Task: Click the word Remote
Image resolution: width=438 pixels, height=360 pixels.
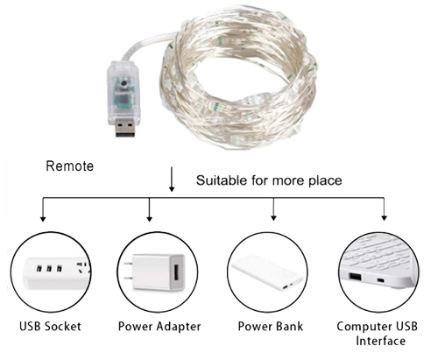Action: pyautogui.click(x=70, y=166)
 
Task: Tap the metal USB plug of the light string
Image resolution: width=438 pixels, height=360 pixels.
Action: pyautogui.click(x=125, y=127)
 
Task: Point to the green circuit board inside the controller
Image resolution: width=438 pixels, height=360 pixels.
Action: pyautogui.click(x=124, y=95)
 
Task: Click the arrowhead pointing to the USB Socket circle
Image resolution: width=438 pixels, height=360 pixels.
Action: pyautogui.click(x=43, y=219)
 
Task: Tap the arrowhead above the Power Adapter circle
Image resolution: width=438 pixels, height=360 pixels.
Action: pyautogui.click(x=150, y=219)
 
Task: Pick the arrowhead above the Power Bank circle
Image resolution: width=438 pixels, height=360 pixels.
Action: pyautogui.click(x=273, y=217)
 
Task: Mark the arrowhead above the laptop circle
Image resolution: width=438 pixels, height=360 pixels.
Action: pyautogui.click(x=385, y=218)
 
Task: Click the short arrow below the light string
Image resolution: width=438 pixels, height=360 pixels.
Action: pyautogui.click(x=172, y=180)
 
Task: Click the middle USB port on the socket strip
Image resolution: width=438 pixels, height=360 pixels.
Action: pyautogui.click(x=49, y=268)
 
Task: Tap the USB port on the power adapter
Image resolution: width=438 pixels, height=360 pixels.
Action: pyautogui.click(x=176, y=273)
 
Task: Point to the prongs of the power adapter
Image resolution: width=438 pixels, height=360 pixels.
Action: pyautogui.click(x=129, y=271)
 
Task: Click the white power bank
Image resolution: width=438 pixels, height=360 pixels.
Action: pyautogui.click(x=267, y=273)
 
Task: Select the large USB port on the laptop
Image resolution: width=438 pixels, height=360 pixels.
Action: pyautogui.click(x=355, y=276)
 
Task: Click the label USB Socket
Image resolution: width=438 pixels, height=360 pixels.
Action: pyautogui.click(x=50, y=326)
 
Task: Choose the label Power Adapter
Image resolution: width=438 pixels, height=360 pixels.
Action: pyautogui.click(x=159, y=326)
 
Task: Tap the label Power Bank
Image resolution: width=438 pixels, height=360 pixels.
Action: pyautogui.click(x=271, y=326)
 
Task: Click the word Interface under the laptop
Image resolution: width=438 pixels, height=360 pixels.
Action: pyautogui.click(x=380, y=341)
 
